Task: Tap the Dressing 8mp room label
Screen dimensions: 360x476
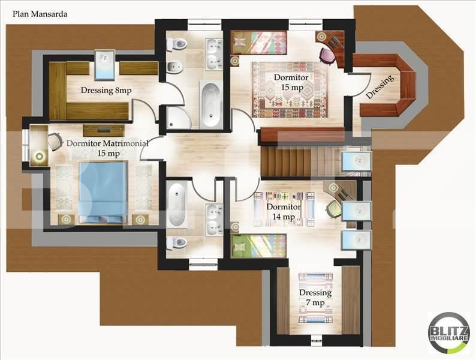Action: coord(106,91)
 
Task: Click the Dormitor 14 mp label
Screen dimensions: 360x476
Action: coord(282,212)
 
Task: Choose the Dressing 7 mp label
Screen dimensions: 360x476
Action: coord(315,298)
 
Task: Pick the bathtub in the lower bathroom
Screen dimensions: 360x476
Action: coord(178,205)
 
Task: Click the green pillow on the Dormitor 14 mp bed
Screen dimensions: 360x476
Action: coord(240,246)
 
